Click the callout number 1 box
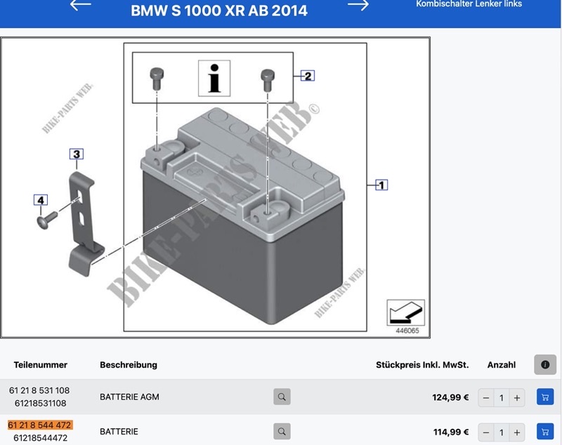[381, 185]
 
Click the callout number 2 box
[308, 76]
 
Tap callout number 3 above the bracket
[77, 154]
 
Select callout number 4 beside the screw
[41, 200]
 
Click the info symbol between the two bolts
[214, 79]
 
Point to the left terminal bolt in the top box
[157, 78]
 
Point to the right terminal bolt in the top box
[268, 80]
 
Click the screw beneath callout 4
[47, 220]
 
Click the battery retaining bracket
[85, 224]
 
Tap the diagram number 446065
[407, 331]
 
